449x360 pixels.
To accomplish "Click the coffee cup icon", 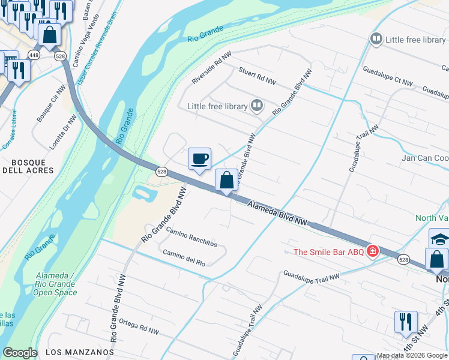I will pyautogui.click(x=200, y=159).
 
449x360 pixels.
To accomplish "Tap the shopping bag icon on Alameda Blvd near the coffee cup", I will pyautogui.click(x=226, y=179).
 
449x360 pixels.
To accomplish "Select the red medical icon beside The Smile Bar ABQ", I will pyautogui.click(x=372, y=251).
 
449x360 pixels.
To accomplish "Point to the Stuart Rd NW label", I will pyautogui.click(x=258, y=76).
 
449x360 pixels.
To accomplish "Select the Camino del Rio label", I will pyautogui.click(x=184, y=258).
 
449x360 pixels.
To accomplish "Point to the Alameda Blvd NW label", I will pyautogui.click(x=278, y=214).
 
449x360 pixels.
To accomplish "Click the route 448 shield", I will pyautogui.click(x=34, y=55).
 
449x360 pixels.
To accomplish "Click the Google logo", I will pyautogui.click(x=20, y=353).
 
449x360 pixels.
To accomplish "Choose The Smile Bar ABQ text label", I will pyautogui.click(x=328, y=252).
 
